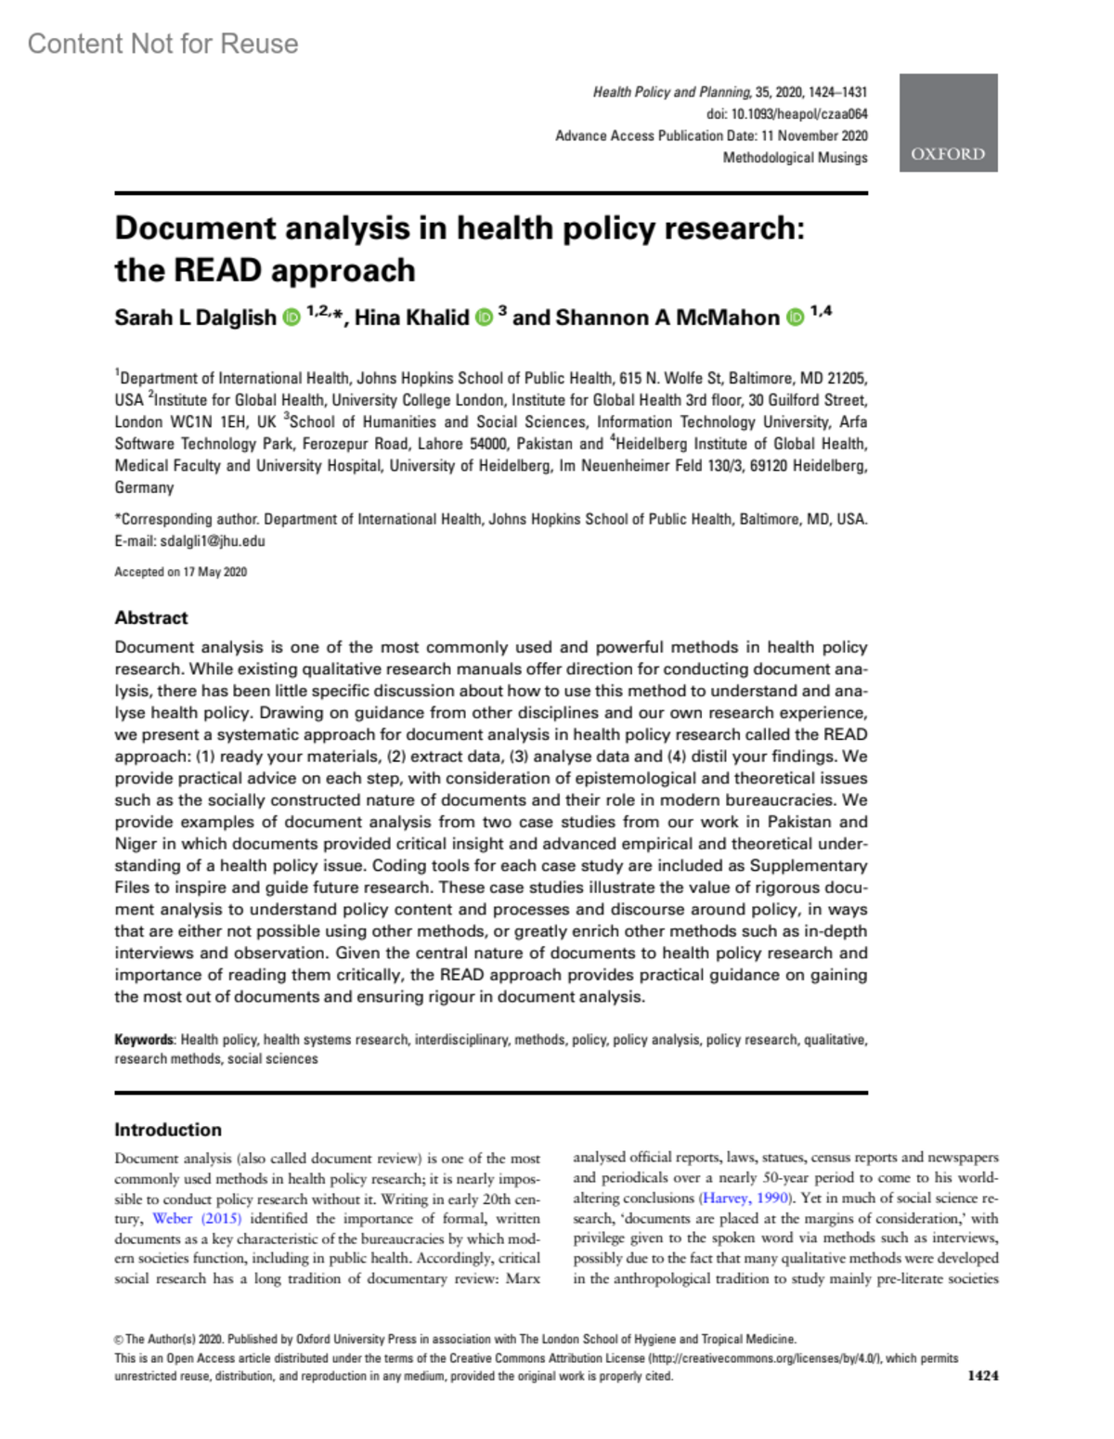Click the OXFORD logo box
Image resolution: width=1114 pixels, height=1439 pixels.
click(x=948, y=123)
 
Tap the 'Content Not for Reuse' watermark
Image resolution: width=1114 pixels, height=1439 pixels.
click(x=162, y=44)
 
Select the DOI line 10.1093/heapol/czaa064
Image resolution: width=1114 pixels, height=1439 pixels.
click(x=787, y=114)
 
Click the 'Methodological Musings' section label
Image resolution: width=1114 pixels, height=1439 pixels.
click(x=795, y=158)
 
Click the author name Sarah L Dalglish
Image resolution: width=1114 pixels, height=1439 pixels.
click(x=195, y=318)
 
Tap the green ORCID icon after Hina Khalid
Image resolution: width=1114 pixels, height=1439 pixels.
click(x=484, y=318)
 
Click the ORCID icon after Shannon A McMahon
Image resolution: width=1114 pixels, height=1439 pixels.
click(x=795, y=318)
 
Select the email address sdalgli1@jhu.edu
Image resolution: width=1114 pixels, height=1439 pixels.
click(x=213, y=541)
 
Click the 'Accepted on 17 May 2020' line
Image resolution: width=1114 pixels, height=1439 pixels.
click(x=180, y=572)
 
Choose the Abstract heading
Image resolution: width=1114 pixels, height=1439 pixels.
click(x=151, y=617)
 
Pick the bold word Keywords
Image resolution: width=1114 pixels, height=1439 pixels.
click(x=144, y=1040)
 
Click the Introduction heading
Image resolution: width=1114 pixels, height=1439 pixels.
click(x=168, y=1130)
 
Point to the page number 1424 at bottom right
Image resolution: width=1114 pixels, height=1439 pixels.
click(x=982, y=1376)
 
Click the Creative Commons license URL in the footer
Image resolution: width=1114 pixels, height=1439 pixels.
click(x=765, y=1358)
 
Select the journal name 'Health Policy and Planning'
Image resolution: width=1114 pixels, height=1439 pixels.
click(x=671, y=92)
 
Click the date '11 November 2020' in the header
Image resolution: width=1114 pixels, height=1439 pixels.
click(x=814, y=136)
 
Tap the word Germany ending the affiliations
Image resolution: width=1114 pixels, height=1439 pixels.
click(x=144, y=487)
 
